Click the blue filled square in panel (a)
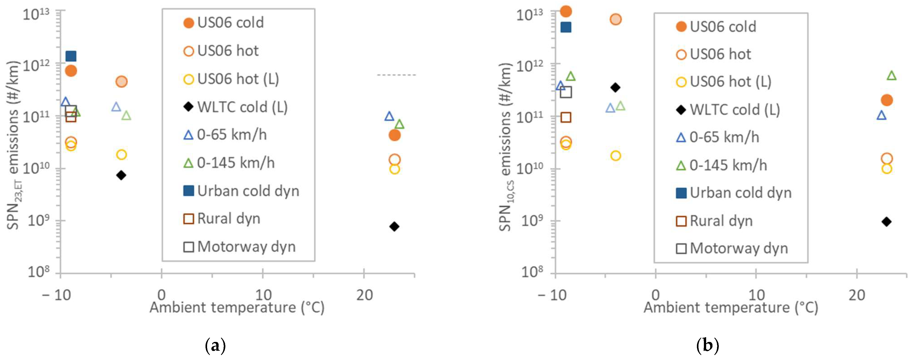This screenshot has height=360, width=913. [x=71, y=56]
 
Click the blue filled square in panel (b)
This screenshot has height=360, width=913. [x=566, y=27]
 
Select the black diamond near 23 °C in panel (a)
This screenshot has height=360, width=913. [x=394, y=227]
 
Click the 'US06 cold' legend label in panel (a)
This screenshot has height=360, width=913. [x=230, y=23]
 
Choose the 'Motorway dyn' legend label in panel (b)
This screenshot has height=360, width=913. [x=739, y=248]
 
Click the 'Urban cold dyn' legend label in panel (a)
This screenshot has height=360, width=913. [x=248, y=191]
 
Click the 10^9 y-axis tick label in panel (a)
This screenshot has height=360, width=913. [x=39, y=220]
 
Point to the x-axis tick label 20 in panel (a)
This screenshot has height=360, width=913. [x=364, y=295]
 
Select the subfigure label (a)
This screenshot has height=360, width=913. [x=215, y=346]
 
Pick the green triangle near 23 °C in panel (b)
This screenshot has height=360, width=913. [x=891, y=75]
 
